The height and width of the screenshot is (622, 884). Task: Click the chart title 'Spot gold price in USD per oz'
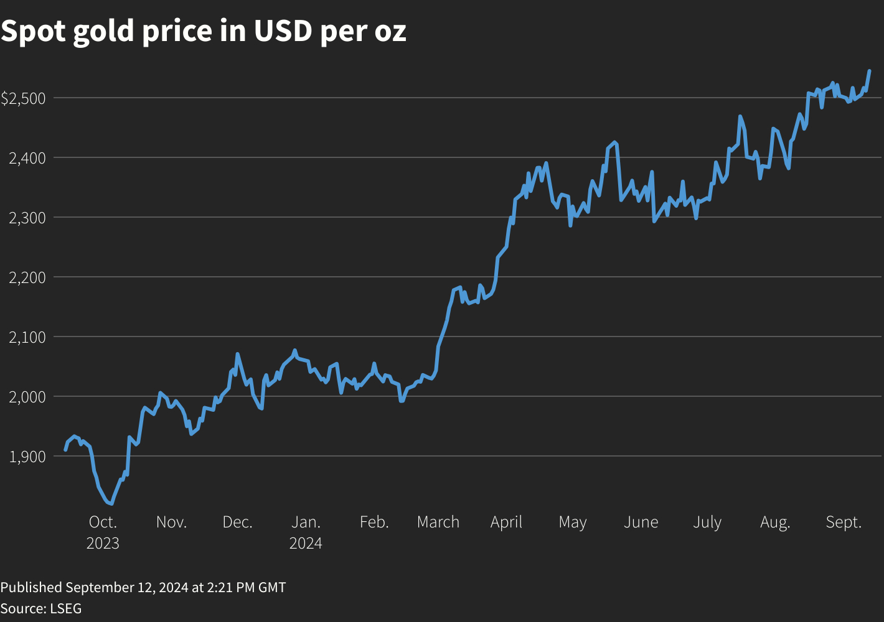(204, 31)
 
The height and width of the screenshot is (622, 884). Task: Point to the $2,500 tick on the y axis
(23, 98)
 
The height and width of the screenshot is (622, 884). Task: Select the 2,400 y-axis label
(27, 158)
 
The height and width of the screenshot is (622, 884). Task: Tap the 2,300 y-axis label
(27, 218)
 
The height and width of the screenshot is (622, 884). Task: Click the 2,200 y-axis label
(27, 277)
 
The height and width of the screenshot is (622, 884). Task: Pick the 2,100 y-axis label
(27, 337)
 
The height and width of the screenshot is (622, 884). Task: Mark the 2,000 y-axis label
(27, 397)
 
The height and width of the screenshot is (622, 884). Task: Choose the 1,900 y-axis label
(27, 457)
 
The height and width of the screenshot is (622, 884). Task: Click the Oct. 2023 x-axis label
(103, 532)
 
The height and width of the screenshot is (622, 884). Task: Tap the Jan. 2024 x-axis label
(306, 532)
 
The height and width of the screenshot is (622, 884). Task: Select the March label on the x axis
(438, 522)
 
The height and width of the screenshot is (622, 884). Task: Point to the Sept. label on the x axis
(844, 522)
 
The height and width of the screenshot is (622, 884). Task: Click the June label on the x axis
(641, 522)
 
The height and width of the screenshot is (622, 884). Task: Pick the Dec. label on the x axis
(238, 522)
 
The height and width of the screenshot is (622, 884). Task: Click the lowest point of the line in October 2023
(111, 503)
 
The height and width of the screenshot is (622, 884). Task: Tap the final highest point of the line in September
(869, 71)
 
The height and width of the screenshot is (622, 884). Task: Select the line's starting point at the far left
(65, 450)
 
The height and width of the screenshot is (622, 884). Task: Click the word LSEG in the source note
(65, 608)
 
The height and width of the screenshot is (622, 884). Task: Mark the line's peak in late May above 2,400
(614, 142)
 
